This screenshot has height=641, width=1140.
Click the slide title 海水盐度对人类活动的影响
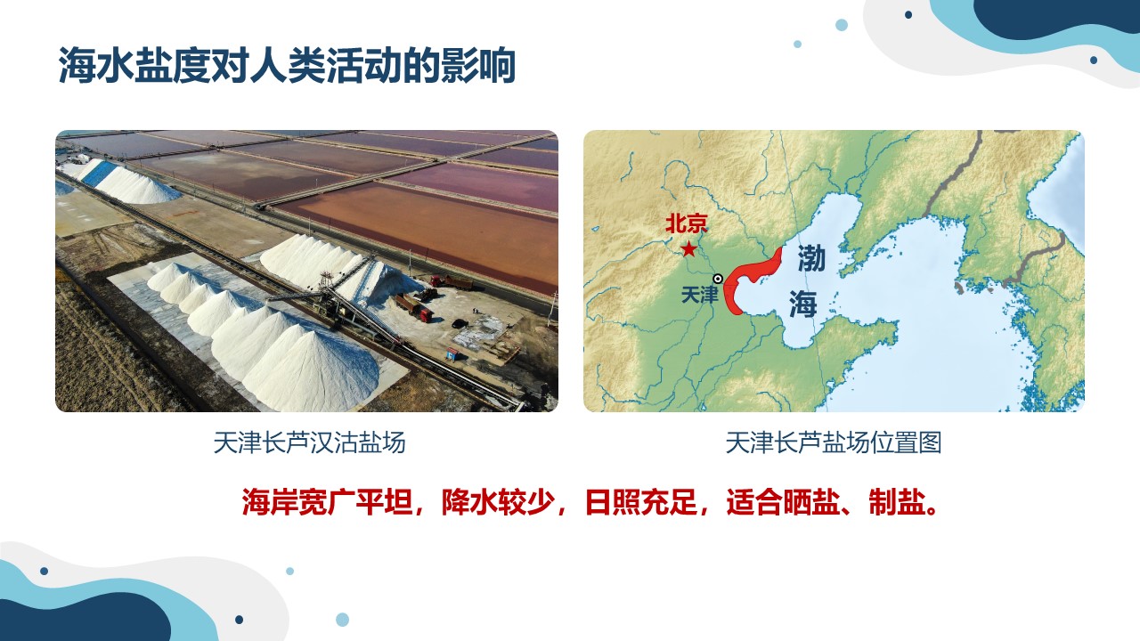coord(287,65)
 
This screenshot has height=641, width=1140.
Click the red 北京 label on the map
coord(687,223)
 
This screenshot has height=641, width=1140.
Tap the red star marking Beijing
coord(688,249)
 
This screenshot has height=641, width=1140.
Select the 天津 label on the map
coord(700,295)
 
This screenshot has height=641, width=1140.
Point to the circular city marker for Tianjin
coord(718,279)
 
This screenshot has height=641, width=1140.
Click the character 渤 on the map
coord(811,258)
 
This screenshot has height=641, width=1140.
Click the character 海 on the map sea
coord(803,304)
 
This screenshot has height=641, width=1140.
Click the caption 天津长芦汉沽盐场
coord(309,442)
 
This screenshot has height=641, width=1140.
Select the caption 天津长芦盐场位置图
coord(833,442)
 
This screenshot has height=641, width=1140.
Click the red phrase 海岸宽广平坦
coord(327,503)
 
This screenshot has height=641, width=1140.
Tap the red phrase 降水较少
coord(498,503)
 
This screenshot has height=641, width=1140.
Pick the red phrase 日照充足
coord(641,503)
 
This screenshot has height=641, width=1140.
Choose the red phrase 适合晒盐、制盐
coord(827,503)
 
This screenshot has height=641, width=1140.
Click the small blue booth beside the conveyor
coord(452,353)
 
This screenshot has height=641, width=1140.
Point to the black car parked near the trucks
coord(460,323)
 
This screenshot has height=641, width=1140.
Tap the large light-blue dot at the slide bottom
coord(343,620)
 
